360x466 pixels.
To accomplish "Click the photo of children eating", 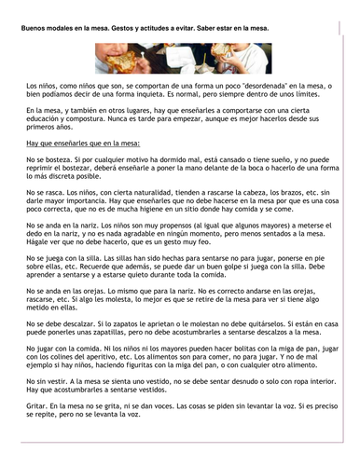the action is pos(179,58).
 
